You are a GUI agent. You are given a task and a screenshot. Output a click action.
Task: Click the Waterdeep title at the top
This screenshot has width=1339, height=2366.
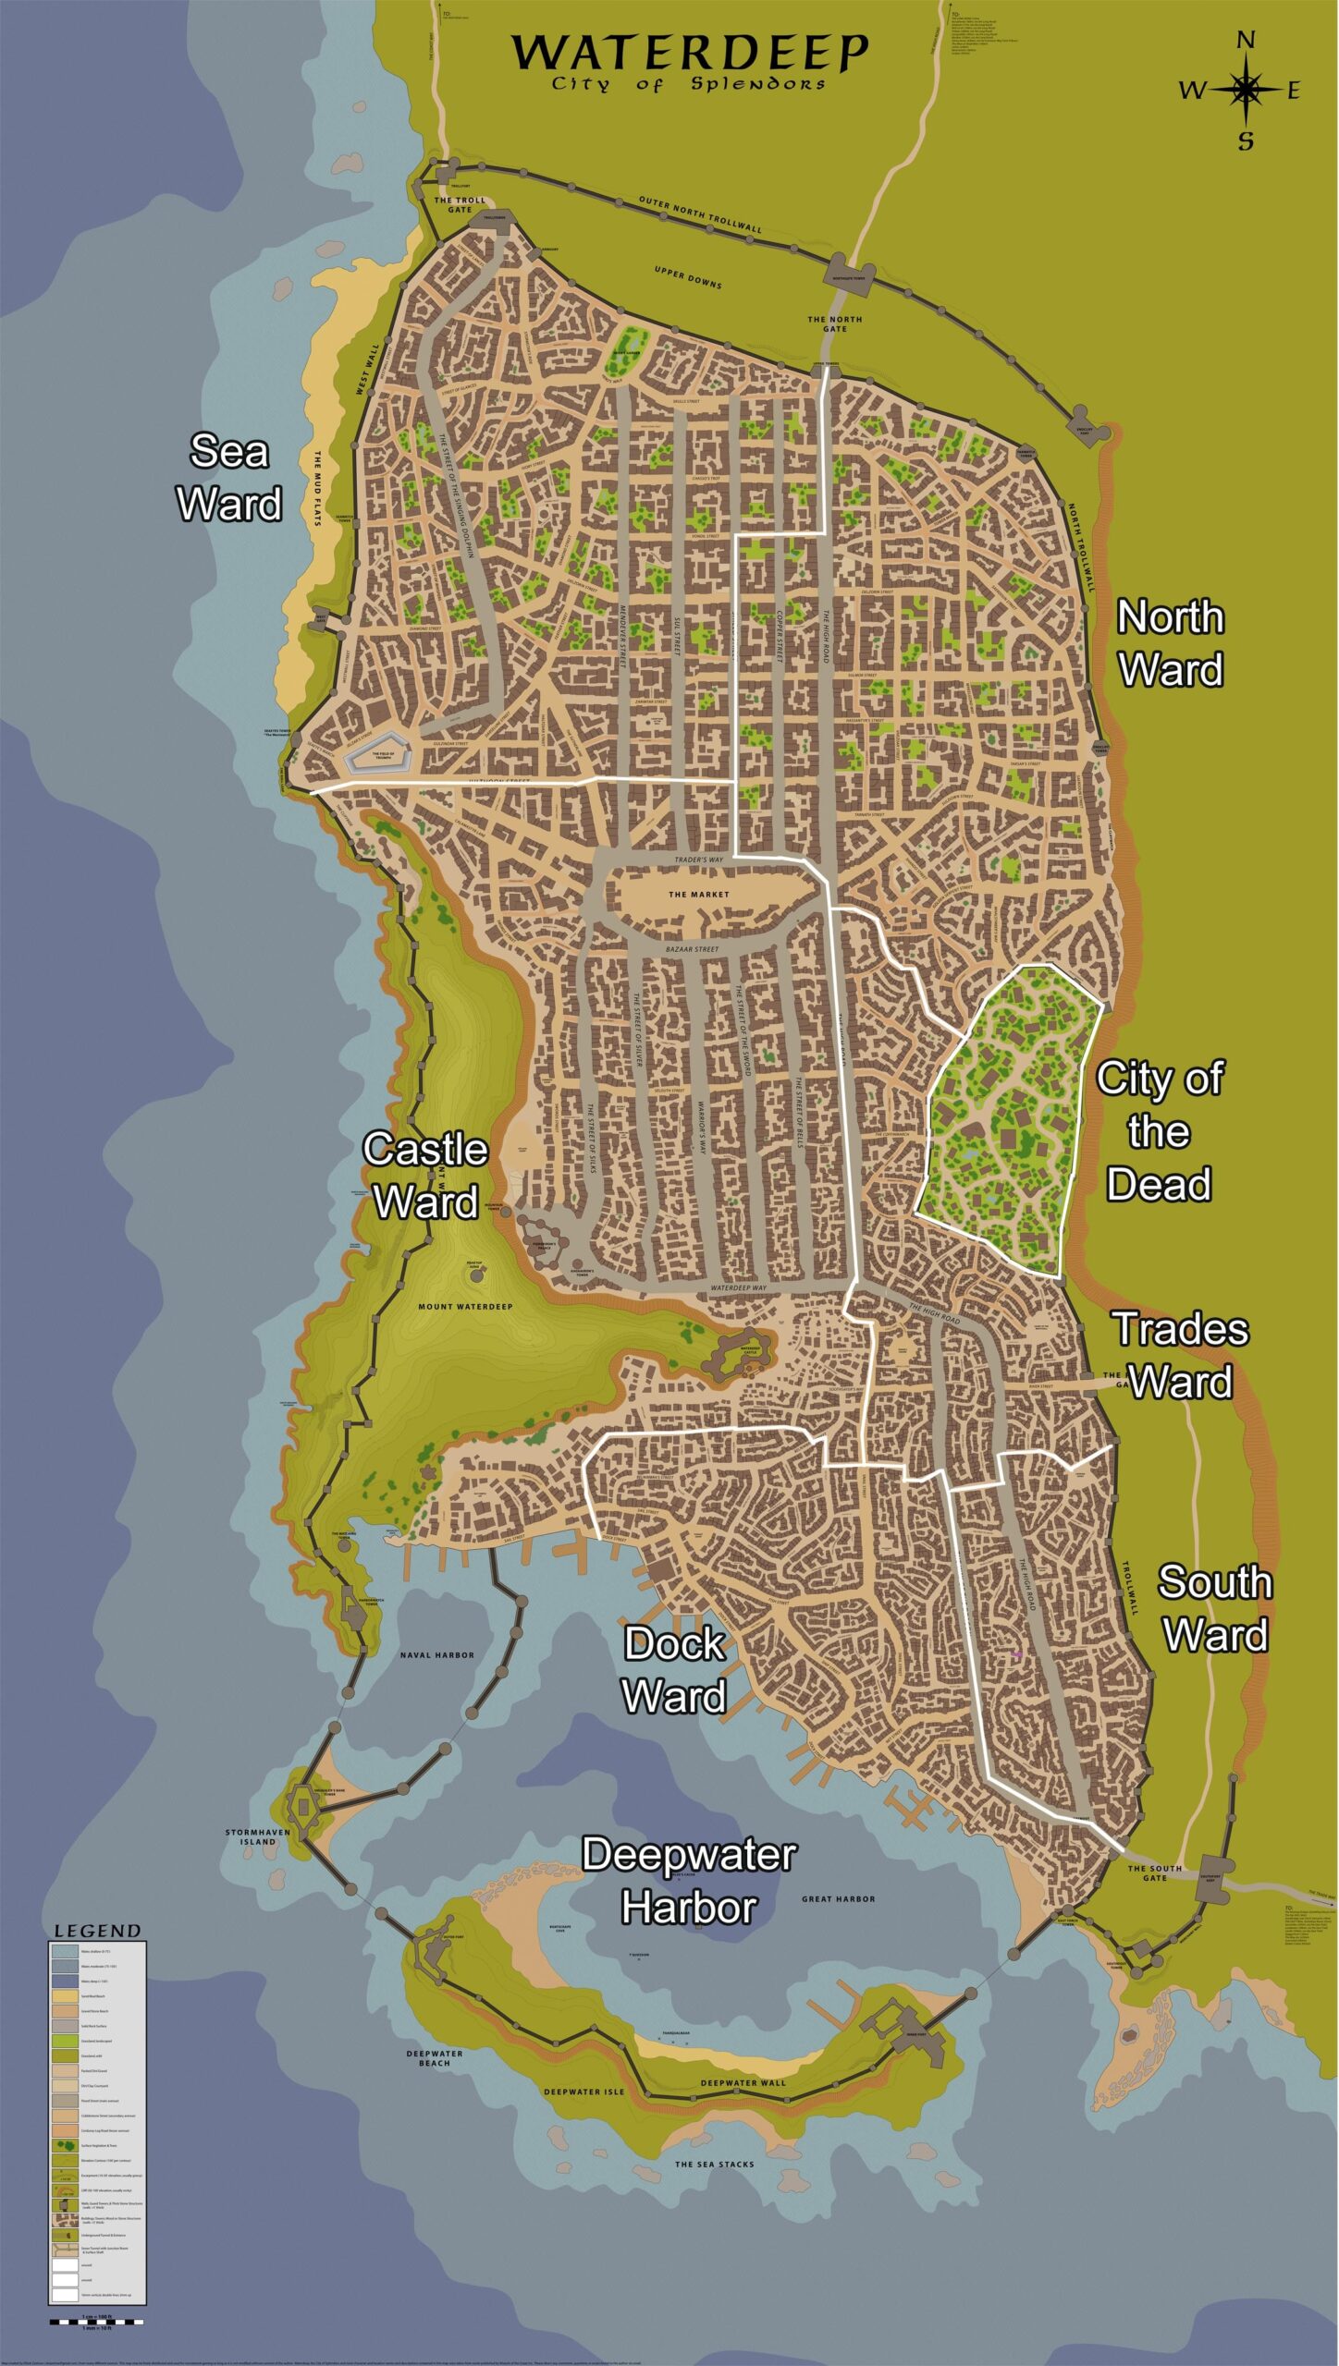click(690, 55)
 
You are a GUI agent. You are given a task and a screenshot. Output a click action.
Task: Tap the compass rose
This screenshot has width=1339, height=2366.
click(1245, 90)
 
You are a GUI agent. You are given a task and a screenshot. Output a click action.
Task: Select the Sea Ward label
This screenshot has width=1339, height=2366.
click(228, 478)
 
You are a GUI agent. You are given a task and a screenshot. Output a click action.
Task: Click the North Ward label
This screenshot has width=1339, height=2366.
click(1171, 643)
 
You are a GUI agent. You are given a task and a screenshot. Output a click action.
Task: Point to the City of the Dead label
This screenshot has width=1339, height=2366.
click(1159, 1131)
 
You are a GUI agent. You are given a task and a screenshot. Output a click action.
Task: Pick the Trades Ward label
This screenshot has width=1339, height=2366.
click(1180, 1355)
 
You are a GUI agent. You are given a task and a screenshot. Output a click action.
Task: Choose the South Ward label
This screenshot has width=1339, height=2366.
click(1214, 1608)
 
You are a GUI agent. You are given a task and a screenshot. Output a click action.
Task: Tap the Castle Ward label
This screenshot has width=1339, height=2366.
click(425, 1175)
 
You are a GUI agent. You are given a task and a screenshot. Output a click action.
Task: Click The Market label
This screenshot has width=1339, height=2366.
click(698, 895)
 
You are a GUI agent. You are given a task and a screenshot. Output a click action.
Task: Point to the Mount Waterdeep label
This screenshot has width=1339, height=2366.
click(465, 1307)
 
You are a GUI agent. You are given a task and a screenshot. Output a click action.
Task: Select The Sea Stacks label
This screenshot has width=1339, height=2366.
click(714, 2164)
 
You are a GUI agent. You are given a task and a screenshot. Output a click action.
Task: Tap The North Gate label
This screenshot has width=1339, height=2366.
click(834, 323)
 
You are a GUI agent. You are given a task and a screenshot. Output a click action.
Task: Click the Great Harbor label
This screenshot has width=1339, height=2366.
click(838, 1898)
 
